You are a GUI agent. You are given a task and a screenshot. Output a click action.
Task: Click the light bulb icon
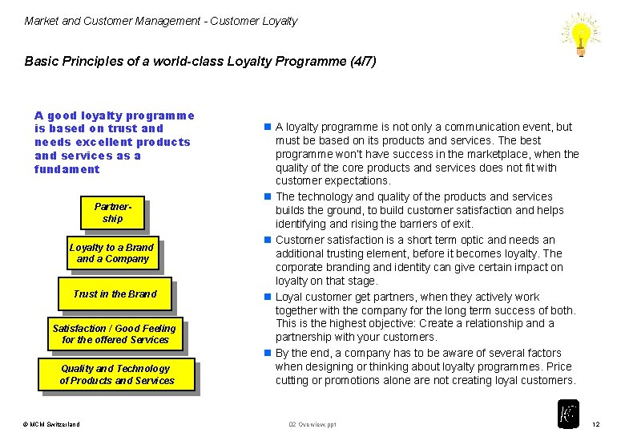pos(581,34)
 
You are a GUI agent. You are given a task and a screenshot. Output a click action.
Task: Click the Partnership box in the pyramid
pos(112,212)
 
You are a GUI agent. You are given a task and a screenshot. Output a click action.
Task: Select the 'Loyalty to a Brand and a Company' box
pos(112,253)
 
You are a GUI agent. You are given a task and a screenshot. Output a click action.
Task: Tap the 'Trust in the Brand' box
pos(115,294)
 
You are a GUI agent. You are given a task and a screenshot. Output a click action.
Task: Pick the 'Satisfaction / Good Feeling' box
pos(115,334)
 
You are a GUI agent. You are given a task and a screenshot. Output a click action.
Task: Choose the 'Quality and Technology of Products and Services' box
pos(116,374)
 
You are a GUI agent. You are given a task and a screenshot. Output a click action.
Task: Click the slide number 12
pos(595,423)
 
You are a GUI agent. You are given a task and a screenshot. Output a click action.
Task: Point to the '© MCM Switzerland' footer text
pos(51,423)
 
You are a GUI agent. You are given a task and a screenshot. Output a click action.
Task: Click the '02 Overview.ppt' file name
pos(312,423)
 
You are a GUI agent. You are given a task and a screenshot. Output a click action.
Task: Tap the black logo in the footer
pos(567,414)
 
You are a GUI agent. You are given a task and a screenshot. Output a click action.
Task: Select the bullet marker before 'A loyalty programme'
pos(268,127)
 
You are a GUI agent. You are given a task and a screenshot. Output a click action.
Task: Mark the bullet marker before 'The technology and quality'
pos(268,197)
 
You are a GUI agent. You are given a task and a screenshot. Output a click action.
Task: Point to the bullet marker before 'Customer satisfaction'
pos(268,241)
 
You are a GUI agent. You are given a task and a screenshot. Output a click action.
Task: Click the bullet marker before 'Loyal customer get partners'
pos(268,297)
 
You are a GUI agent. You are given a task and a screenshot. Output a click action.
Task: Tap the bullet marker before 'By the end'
pos(268,354)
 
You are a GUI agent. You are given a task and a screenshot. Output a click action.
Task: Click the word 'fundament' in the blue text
pos(67,169)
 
